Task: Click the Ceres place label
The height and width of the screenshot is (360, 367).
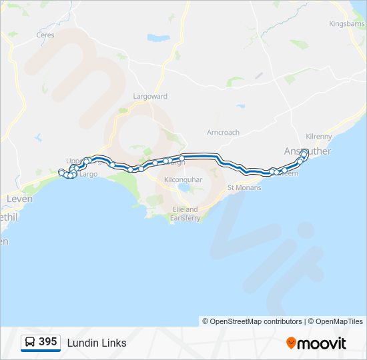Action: [45, 35]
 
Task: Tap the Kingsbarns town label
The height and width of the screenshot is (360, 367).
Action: [347, 24]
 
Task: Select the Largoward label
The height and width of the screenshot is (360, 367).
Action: [150, 96]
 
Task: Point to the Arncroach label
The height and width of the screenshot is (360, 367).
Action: [223, 133]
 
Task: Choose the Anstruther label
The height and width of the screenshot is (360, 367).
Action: [307, 151]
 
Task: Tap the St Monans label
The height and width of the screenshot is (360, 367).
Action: [244, 187]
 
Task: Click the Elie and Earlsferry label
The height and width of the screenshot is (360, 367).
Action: [184, 213]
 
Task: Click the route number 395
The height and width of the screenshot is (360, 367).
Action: [47, 342]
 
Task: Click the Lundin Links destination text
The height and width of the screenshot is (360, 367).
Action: [97, 343]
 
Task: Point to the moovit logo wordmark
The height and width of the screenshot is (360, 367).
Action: [322, 343]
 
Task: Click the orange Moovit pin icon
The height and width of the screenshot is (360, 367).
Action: [292, 343]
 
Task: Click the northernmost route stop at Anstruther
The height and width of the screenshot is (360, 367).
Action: [304, 153]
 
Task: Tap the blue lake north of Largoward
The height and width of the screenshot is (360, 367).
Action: [159, 37]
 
